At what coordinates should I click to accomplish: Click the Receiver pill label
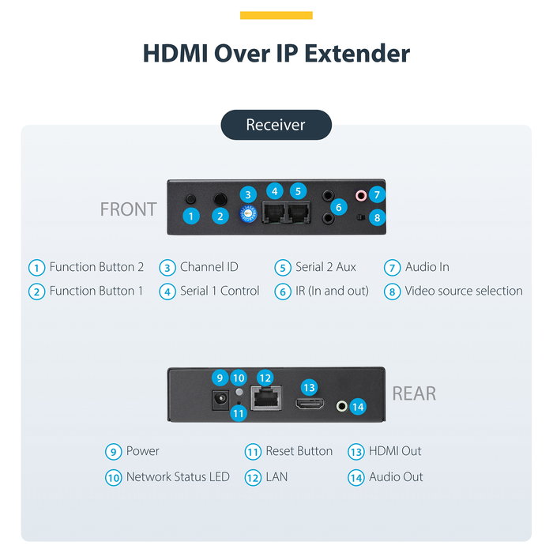[276, 125]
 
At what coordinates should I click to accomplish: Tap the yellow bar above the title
[276, 15]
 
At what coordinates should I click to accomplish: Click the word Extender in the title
[357, 54]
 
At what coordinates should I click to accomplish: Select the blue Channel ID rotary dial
[248, 214]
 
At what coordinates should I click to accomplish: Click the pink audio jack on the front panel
[360, 195]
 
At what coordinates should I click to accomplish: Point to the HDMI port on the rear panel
[310, 404]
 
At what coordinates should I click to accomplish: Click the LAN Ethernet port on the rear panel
[266, 398]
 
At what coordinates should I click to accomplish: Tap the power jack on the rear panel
[220, 400]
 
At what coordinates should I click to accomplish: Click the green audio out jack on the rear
[341, 406]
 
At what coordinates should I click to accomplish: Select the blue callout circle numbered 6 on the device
[339, 207]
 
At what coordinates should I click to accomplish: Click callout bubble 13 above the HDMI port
[309, 388]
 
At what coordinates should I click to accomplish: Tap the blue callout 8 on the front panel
[377, 217]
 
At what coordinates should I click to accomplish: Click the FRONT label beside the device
[128, 209]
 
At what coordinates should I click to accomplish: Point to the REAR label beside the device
[414, 393]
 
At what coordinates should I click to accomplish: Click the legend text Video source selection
[464, 291]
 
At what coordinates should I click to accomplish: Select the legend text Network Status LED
[178, 477]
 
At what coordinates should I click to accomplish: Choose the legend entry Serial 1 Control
[220, 291]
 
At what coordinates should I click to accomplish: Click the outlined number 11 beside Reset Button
[253, 452]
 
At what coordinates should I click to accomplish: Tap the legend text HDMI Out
[395, 451]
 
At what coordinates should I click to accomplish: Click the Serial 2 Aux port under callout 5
[299, 213]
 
